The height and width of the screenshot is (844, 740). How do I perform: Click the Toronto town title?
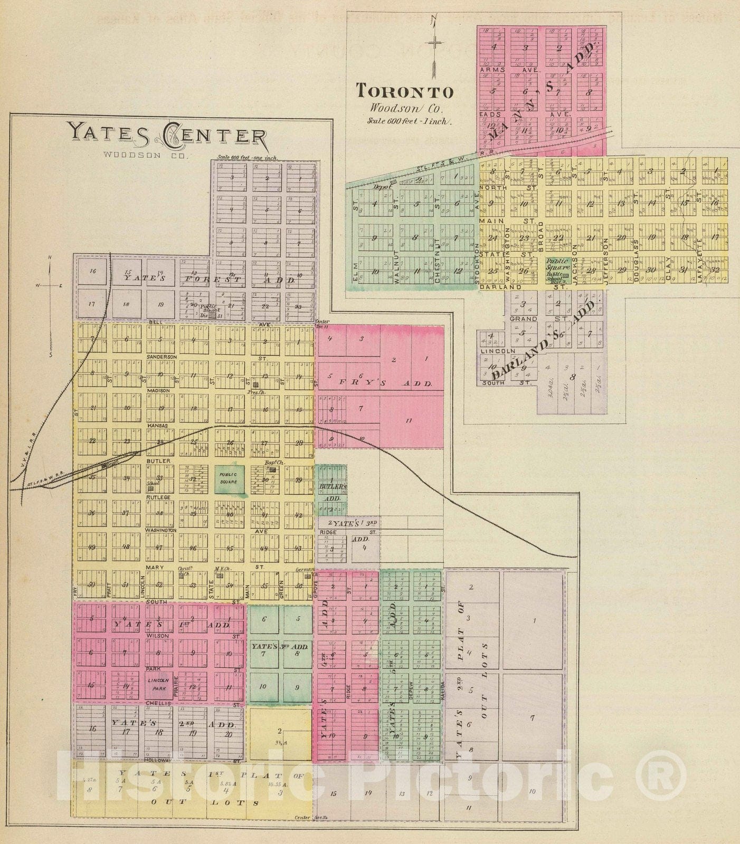[x=404, y=91]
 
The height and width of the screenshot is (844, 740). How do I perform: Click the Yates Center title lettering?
[x=167, y=135]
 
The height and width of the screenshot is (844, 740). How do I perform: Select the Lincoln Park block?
[x=157, y=684]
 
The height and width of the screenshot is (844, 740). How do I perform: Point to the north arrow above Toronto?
[x=433, y=45]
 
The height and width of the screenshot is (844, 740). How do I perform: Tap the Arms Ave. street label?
[x=492, y=69]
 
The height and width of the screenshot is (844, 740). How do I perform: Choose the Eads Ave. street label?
[x=490, y=113]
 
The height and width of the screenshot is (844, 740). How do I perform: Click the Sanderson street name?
[x=162, y=357]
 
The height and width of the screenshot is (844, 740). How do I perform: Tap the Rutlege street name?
[x=158, y=497]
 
